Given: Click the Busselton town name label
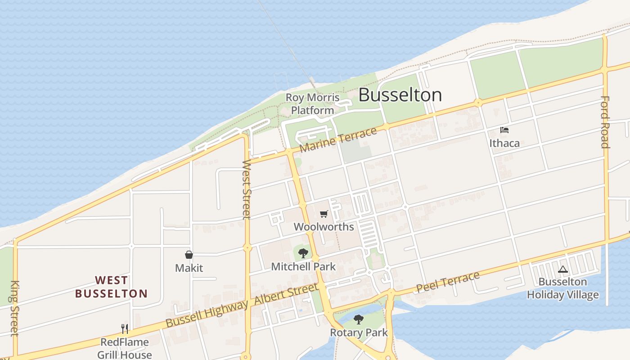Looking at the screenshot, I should (x=400, y=95).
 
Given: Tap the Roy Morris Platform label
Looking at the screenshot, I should (x=313, y=104).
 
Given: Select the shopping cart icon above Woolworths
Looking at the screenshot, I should (x=324, y=214).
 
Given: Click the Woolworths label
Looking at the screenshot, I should (x=324, y=227).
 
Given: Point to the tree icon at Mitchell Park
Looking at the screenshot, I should (x=303, y=253).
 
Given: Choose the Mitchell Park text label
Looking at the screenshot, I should (x=303, y=266).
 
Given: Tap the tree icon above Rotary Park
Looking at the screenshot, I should (x=359, y=319).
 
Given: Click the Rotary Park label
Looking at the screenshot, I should (x=359, y=333).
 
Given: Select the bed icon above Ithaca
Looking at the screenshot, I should (x=504, y=130).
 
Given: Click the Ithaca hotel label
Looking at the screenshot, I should (x=504, y=144).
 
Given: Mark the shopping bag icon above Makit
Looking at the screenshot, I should (x=189, y=255).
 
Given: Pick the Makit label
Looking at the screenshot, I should (x=189, y=268).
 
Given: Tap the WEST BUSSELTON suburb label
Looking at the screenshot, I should (x=111, y=287).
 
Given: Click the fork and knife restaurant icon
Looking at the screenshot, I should (x=125, y=329).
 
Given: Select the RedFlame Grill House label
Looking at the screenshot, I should (x=125, y=348).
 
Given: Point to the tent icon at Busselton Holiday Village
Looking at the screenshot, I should (x=562, y=270).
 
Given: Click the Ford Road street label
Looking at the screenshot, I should (x=605, y=122).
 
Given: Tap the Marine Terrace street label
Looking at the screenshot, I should (x=338, y=139).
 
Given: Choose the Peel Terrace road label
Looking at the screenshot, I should (x=448, y=282).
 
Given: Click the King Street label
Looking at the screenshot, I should (x=15, y=308).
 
